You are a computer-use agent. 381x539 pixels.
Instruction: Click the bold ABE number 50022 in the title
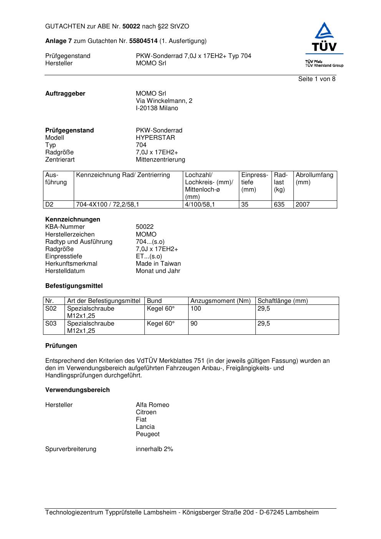pos(131,26)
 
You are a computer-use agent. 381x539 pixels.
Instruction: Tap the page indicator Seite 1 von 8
pos(316,79)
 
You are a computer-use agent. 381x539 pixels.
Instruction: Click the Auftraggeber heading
pos(65,94)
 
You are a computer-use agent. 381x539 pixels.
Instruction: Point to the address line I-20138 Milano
pos(157,108)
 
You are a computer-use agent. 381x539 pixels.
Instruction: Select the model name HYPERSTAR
pos(155,138)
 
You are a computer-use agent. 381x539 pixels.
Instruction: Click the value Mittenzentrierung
pos(160,160)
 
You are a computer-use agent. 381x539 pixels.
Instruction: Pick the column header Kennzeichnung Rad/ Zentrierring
pos(123,175)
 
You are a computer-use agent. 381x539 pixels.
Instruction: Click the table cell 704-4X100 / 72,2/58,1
pos(108,205)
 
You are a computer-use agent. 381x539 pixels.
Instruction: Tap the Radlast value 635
pos(279,205)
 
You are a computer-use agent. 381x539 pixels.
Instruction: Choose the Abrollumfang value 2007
pos(303,205)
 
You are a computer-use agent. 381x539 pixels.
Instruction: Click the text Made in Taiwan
pos(158,264)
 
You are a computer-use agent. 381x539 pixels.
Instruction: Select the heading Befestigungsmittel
pos(74,286)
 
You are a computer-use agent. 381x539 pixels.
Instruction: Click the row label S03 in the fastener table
pos(51,324)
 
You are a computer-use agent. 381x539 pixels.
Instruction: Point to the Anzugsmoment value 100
pos(195,309)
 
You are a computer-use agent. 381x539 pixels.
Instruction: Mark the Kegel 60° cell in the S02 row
pos(161,309)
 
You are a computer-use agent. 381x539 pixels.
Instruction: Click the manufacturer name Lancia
pos(145,427)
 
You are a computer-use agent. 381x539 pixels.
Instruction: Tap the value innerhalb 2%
pos(154,449)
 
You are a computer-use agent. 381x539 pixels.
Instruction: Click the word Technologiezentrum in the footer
pos(74,513)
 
